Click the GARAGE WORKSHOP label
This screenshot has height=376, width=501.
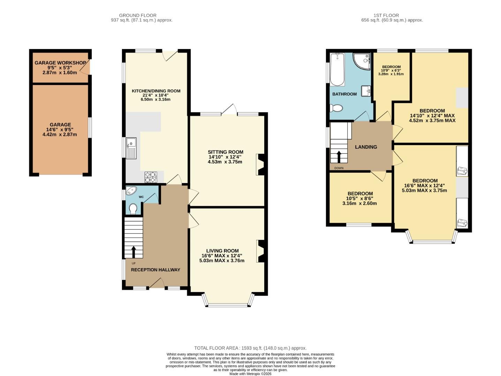click(x=60, y=63)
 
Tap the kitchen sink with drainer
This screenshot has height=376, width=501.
click(x=131, y=148)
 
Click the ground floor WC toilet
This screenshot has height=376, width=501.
click(x=133, y=209)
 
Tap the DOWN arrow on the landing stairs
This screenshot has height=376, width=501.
click(x=339, y=157)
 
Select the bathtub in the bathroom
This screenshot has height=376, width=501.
click(x=337, y=70)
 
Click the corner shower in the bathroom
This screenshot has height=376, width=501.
click(x=362, y=61)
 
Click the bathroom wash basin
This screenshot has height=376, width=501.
click(x=366, y=91)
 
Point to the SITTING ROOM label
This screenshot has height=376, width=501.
click(x=225, y=152)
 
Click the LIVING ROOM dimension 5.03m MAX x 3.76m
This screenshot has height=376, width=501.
click(x=222, y=260)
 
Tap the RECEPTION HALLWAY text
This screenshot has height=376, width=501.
click(x=155, y=270)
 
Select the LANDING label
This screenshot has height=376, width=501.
click(x=366, y=147)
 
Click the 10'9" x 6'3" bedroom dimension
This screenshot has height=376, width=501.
click(x=391, y=70)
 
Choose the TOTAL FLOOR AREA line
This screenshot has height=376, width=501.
click(x=250, y=348)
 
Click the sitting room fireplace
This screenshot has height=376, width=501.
click(x=260, y=164)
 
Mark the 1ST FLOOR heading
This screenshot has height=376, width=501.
click(x=386, y=15)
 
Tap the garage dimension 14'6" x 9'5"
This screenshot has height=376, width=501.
click(x=60, y=130)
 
